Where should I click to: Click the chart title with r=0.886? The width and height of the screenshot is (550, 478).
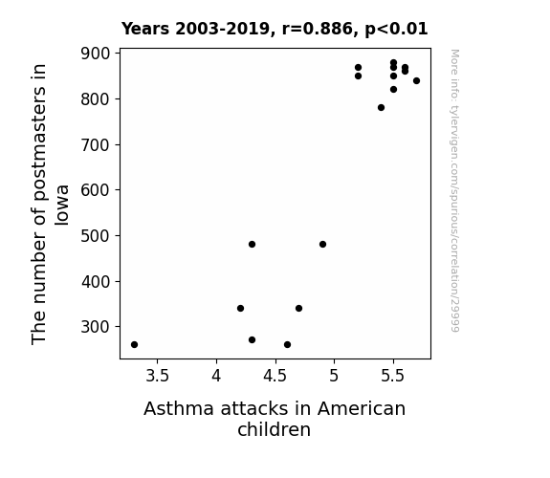coord(275,29)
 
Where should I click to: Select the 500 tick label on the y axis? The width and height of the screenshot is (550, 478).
coord(95,236)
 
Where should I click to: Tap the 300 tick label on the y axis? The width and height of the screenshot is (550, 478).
coord(95,327)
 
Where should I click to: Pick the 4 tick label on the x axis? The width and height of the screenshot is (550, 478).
coord(216,377)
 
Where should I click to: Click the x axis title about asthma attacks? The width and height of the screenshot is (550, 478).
coord(275,419)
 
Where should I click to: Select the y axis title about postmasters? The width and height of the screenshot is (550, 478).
coord(50,204)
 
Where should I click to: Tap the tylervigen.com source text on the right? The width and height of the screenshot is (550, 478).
coord(455,190)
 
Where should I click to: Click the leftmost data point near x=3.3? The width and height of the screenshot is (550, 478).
coord(134,345)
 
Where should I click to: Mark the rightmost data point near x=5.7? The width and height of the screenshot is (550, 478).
coord(416,81)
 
